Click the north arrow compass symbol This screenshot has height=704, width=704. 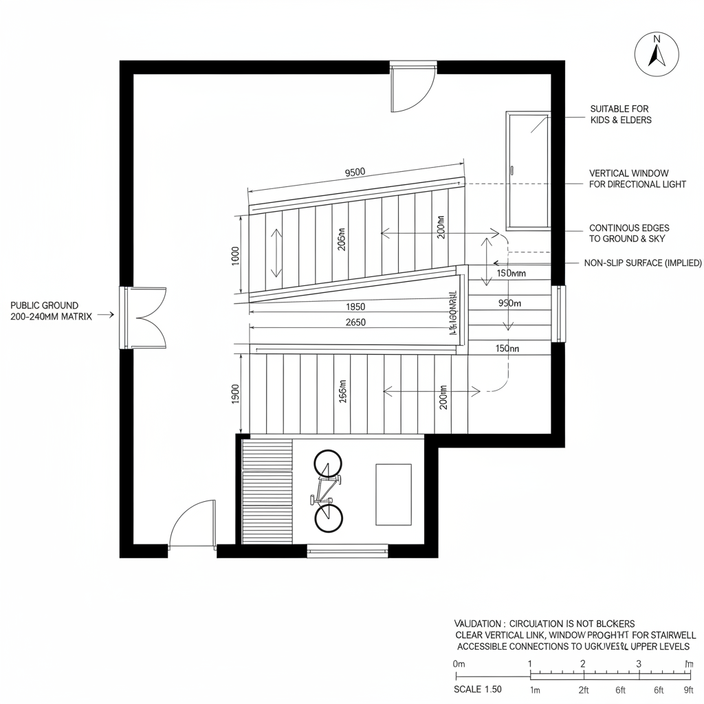(657, 54)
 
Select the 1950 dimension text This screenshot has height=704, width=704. (355, 307)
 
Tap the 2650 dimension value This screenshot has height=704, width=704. (355, 322)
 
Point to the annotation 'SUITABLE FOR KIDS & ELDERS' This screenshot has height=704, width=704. (620, 114)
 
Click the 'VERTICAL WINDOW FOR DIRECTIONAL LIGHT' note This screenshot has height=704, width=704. (637, 179)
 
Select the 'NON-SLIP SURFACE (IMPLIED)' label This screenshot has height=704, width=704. (643, 263)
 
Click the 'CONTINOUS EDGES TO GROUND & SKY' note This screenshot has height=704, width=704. (629, 233)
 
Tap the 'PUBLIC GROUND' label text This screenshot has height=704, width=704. (45, 305)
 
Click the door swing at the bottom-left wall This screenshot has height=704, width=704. (192, 525)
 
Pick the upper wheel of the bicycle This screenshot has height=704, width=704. (328, 464)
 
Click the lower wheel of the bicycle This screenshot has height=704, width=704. (328, 518)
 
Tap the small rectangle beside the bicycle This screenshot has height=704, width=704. (393, 494)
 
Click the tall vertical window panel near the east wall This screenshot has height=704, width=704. (528, 170)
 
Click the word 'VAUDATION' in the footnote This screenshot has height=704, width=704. (478, 623)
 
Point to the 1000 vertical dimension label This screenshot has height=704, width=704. (234, 255)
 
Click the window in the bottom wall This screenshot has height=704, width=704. (347, 550)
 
